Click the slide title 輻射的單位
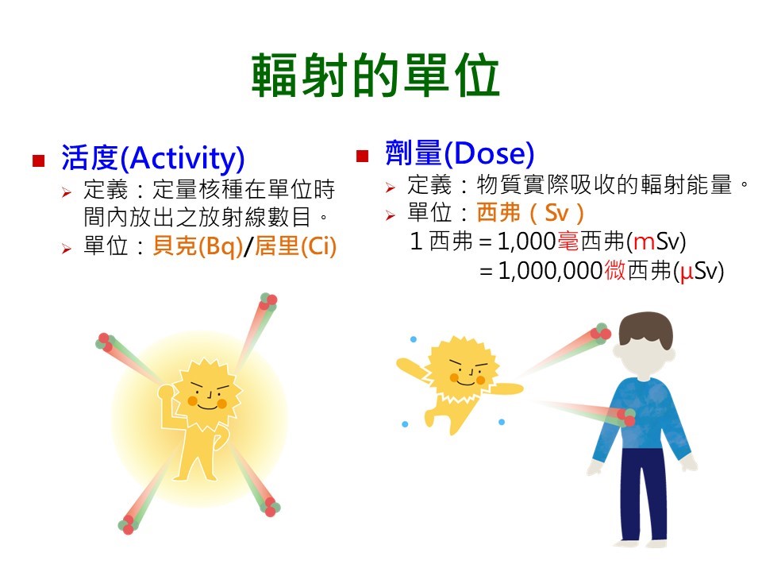pos(375,76)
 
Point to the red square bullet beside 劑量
pos(363,155)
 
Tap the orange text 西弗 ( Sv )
pos(531,213)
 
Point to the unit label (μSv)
pos(698,272)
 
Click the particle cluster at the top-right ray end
pos(267,301)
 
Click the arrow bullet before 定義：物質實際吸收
pos(391,188)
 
